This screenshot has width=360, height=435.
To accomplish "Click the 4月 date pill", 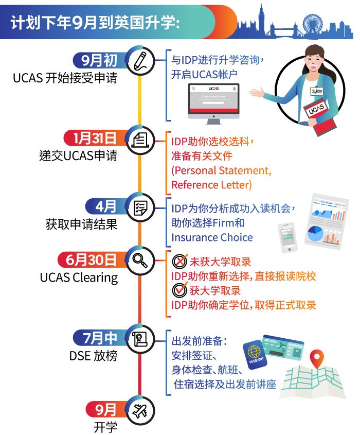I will coord(105,206).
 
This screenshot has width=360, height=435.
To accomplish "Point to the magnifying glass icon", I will coord(139,259).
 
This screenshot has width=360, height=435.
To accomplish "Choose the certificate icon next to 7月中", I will coord(139,339).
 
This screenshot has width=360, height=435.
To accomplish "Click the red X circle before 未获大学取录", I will coord(179,262).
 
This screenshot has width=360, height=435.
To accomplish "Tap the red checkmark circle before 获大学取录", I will coord(179,290).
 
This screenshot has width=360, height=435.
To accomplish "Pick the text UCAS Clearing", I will coord(79,277).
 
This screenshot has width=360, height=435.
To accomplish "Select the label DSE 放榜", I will coord(94,356).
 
